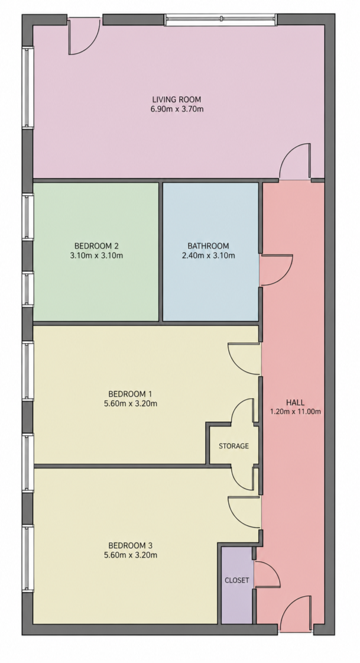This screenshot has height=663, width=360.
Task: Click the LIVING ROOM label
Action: click(x=177, y=99)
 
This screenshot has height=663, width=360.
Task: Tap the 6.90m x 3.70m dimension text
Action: click(x=177, y=109)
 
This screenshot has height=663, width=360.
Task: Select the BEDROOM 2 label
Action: click(x=96, y=245)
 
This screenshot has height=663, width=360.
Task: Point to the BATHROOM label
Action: click(x=208, y=245)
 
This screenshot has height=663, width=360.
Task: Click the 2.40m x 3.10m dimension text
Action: click(x=208, y=256)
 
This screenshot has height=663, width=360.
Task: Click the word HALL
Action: click(x=295, y=402)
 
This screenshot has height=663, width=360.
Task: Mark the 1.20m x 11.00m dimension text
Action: click(x=296, y=412)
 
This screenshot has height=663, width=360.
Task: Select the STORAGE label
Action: click(x=233, y=446)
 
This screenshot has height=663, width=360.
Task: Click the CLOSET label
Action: click(x=236, y=581)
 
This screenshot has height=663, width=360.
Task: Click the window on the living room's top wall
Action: click(x=220, y=20)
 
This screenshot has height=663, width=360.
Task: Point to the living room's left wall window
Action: click(x=28, y=87)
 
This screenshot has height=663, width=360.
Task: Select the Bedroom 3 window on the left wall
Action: click(x=28, y=558)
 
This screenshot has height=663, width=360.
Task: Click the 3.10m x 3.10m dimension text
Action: click(x=96, y=256)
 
